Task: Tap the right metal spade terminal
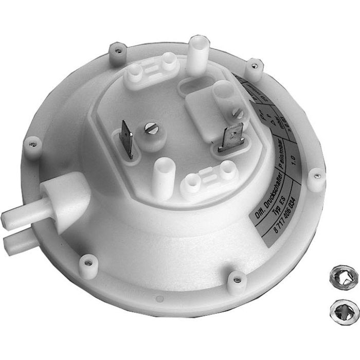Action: tap(234, 137)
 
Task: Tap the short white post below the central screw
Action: tap(161, 172)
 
